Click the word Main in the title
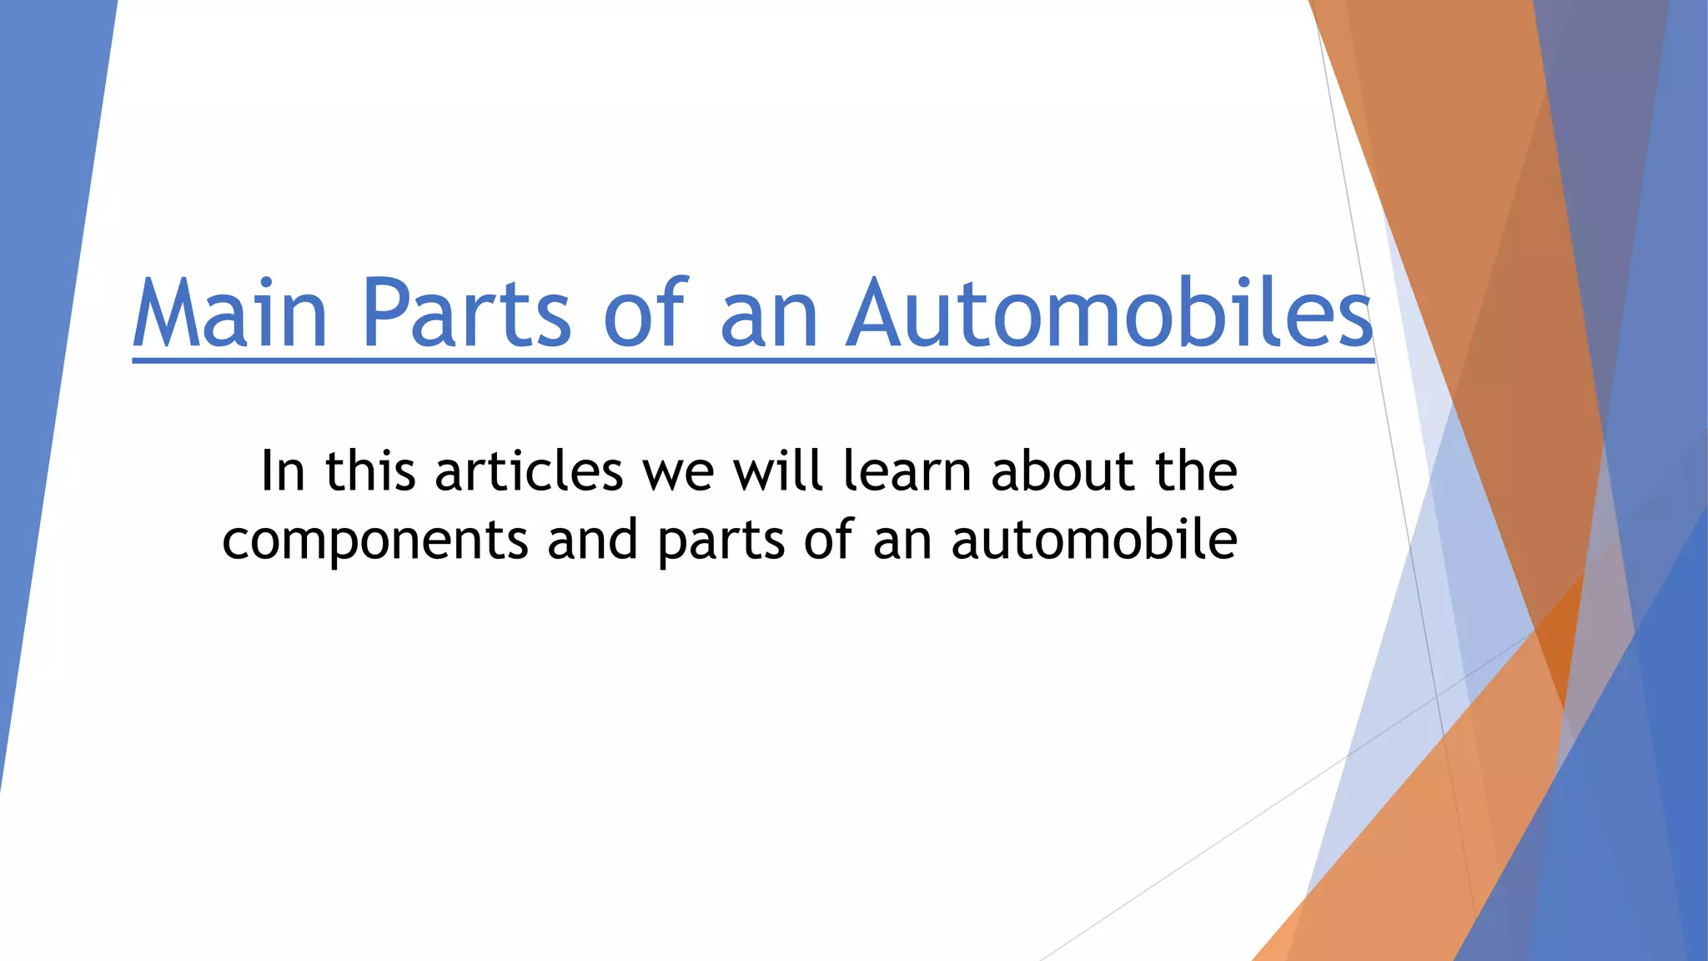click(230, 313)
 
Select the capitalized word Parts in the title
click(466, 313)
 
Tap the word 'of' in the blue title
click(646, 313)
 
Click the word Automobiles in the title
click(1109, 313)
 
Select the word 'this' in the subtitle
click(370, 471)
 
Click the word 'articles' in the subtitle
click(529, 471)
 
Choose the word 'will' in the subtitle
click(778, 471)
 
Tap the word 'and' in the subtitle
click(592, 540)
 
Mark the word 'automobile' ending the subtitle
click(1094, 540)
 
